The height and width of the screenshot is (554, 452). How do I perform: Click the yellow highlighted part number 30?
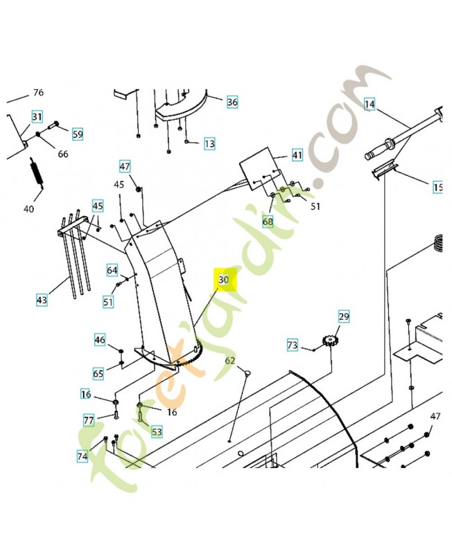(224, 279)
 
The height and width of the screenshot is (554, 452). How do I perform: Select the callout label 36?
(232, 102)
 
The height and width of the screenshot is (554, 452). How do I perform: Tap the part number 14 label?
(370, 105)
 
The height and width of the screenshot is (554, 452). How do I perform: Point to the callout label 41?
(297, 155)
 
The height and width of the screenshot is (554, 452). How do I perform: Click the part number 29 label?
(344, 316)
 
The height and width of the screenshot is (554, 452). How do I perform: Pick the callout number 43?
(42, 300)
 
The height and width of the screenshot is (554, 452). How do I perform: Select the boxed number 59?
(77, 134)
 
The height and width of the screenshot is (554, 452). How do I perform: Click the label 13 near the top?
(209, 144)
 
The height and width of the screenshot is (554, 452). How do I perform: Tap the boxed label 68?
(268, 222)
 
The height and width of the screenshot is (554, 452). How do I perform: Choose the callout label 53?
(157, 432)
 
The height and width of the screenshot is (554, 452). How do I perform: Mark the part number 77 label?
(89, 420)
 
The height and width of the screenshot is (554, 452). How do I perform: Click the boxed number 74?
(82, 456)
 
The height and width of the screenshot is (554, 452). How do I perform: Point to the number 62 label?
(230, 361)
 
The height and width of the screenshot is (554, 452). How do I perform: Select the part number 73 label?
(293, 344)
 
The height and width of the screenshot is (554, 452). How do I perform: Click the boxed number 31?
(37, 116)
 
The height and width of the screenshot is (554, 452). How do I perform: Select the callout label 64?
(112, 269)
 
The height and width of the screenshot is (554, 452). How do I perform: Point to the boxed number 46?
(101, 339)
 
